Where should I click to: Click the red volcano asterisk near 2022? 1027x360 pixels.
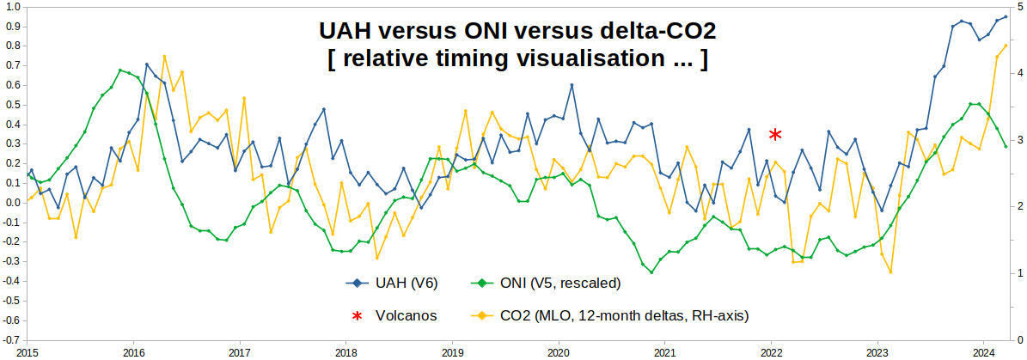pyautogui.click(x=775, y=134)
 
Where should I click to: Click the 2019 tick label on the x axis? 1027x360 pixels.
pyautogui.click(x=452, y=352)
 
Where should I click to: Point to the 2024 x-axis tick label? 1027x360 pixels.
pyautogui.click(x=983, y=352)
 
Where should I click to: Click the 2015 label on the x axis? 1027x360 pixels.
pyautogui.click(x=27, y=352)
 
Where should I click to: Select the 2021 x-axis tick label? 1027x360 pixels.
pyautogui.click(x=664, y=352)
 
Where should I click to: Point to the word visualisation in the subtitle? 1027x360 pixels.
pyautogui.click(x=598, y=60)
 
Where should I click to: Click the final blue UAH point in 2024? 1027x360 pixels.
pyautogui.click(x=1006, y=16)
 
